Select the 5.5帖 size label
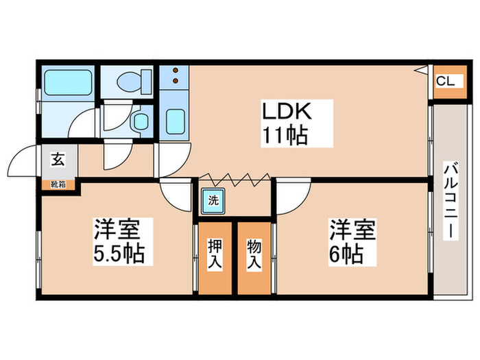tap(119, 254)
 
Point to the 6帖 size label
tap(346, 254)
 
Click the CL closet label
tap(446, 82)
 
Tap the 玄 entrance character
tap(58, 159)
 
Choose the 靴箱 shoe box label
tap(58, 184)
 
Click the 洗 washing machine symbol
tap(213, 201)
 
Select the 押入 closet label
tap(215, 254)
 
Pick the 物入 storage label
tap(254, 254)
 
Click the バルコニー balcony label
tap(451, 202)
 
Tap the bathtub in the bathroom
tap(69, 83)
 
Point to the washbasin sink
tap(141, 121)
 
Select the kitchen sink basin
tap(176, 121)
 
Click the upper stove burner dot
tap(176, 71)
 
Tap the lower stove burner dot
tap(176, 80)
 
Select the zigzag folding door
tap(235, 180)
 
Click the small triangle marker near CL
tap(423, 71)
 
